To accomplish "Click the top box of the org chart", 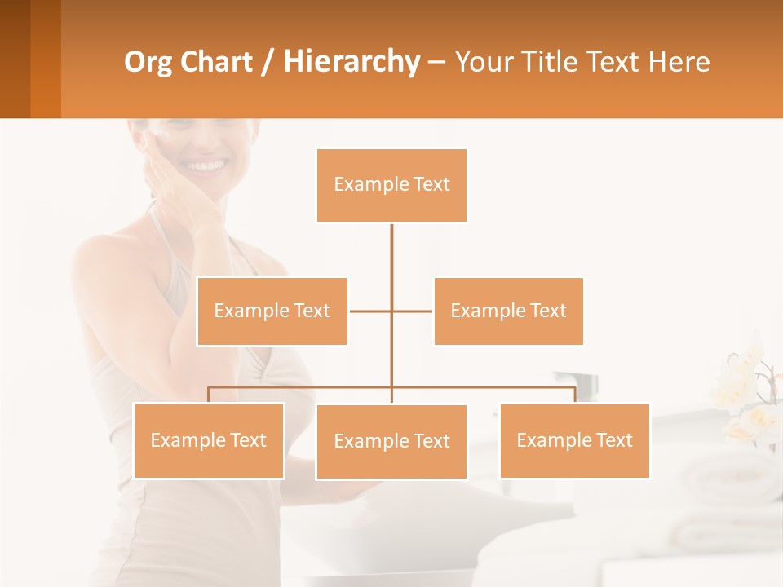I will click(391, 185).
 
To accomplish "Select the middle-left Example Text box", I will click(272, 311).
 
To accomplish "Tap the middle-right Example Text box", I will click(508, 311).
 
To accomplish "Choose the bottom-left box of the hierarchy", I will click(209, 440).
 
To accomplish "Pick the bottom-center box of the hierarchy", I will click(391, 441).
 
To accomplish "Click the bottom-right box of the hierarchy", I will click(574, 440).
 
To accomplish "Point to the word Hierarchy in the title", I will click(352, 62).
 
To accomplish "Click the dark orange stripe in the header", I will click(46, 59).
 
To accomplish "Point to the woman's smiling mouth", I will click(206, 166).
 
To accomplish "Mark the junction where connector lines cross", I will click(391, 311).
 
